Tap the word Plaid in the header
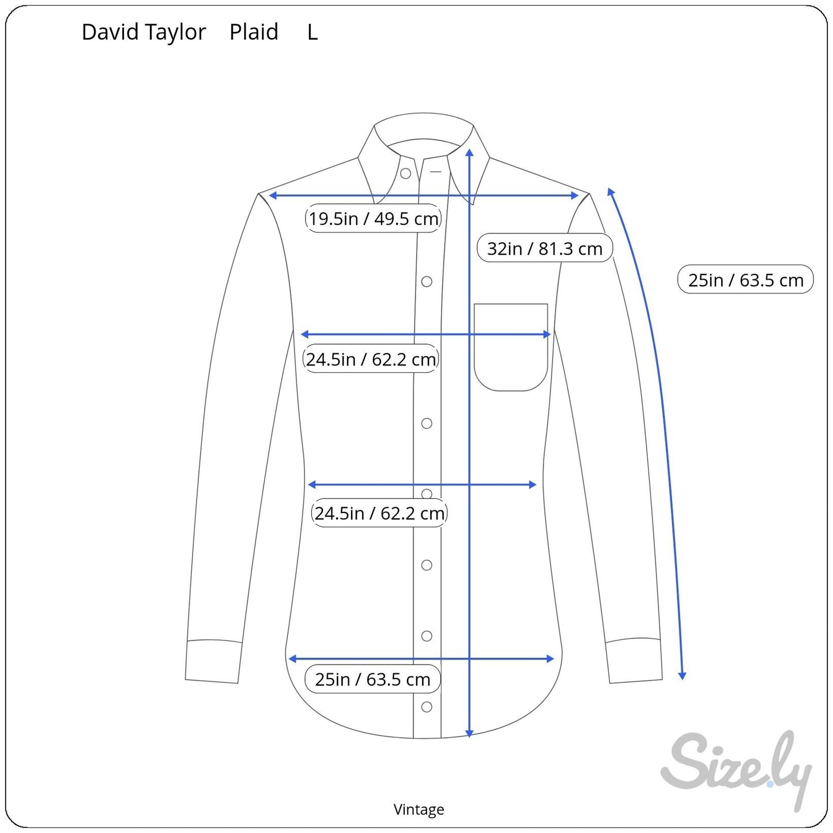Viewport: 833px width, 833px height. click(x=254, y=32)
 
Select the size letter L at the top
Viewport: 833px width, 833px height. click(x=312, y=32)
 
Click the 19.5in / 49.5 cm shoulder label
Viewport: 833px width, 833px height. click(x=373, y=218)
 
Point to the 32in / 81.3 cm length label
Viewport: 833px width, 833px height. click(x=545, y=248)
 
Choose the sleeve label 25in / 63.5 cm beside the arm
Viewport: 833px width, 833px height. click(x=746, y=280)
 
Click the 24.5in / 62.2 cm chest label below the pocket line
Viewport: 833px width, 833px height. click(x=371, y=359)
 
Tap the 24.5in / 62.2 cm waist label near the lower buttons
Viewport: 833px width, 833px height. click(x=379, y=513)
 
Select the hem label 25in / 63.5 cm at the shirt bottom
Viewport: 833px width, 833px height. click(x=372, y=680)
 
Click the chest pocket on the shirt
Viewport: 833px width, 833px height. click(x=511, y=347)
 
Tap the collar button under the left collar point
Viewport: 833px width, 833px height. click(x=405, y=174)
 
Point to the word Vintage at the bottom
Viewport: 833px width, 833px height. click(x=419, y=809)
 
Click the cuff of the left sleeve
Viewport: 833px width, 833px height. click(x=213, y=661)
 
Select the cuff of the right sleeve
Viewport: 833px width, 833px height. click(x=634, y=661)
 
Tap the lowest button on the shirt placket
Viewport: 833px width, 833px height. click(x=427, y=707)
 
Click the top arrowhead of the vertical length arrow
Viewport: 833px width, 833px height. click(x=469, y=152)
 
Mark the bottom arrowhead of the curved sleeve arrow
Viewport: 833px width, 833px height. click(x=682, y=676)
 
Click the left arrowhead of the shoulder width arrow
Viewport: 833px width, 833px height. click(x=273, y=195)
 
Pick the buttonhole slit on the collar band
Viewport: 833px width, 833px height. click(x=436, y=172)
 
